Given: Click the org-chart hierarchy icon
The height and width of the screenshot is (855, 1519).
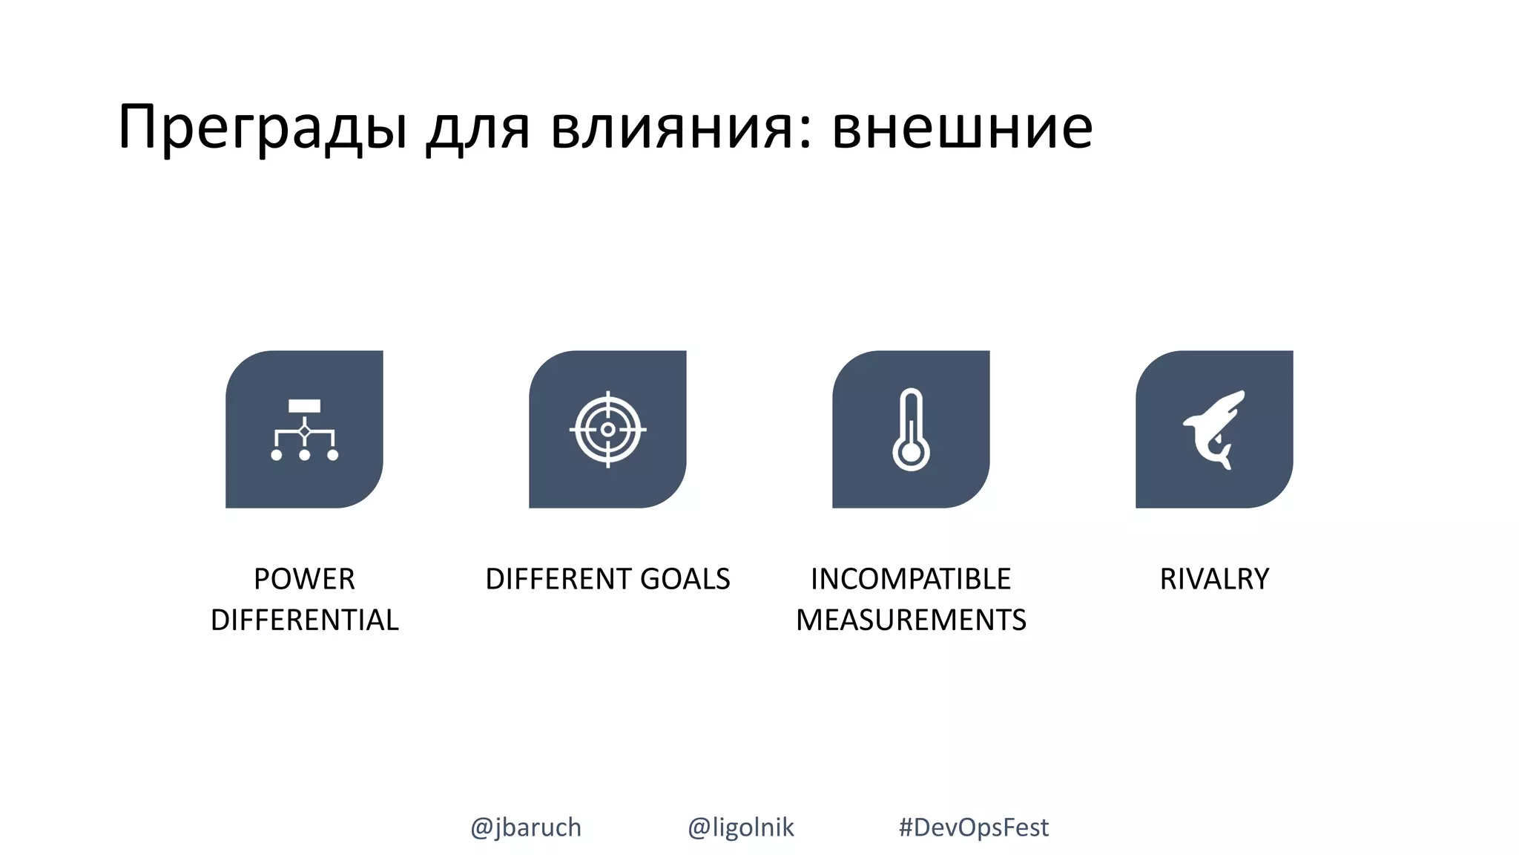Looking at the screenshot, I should point(304,430).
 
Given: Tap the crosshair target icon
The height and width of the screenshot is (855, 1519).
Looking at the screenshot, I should point(607,430).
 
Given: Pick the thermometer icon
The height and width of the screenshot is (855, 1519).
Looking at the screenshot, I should point(911,430).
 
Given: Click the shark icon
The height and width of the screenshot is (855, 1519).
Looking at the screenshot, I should point(1214,430).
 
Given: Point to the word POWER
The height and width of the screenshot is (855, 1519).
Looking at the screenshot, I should point(304,579).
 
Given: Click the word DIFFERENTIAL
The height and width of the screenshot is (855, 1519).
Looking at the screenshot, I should point(304,620).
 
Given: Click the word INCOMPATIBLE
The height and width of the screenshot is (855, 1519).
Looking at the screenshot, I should point(911,579).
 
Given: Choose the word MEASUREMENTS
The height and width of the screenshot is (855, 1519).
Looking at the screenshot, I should point(911,620).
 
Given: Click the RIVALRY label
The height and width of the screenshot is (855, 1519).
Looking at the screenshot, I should point(1214,579).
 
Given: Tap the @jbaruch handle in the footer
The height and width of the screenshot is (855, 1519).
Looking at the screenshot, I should point(526,827).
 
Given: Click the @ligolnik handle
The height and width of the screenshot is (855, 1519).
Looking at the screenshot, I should point(740,827).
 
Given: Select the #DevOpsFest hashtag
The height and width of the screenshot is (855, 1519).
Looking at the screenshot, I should point(973,827).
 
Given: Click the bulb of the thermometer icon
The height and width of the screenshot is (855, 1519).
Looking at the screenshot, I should point(911,453).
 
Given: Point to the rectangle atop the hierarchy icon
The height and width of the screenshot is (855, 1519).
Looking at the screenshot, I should point(304,406).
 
